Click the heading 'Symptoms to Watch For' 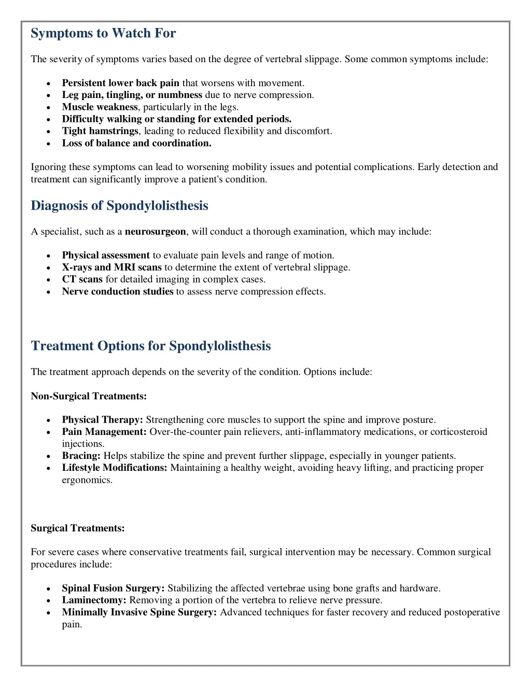tap(103, 33)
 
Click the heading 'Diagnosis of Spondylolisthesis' tap(119, 206)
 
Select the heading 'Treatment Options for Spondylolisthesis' tap(150, 346)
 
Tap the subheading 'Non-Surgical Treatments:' tap(89, 396)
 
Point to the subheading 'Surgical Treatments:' tap(78, 528)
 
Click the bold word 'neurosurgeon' tap(155, 232)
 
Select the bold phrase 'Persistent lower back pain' tap(120, 83)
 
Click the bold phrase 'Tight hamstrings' tap(100, 131)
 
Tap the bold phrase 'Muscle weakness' tap(100, 107)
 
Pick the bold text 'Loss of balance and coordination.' tap(136, 143)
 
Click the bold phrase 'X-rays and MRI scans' tap(111, 268)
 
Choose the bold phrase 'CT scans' tap(82, 279)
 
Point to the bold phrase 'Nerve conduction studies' tap(117, 291)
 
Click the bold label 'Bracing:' tap(81, 456)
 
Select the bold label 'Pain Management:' tap(104, 432)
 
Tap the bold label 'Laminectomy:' tap(94, 600)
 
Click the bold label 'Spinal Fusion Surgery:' tap(113, 588)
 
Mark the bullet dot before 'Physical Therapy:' tap(48, 420)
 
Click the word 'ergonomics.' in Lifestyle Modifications tap(87, 480)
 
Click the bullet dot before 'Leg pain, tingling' tap(48, 95)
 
